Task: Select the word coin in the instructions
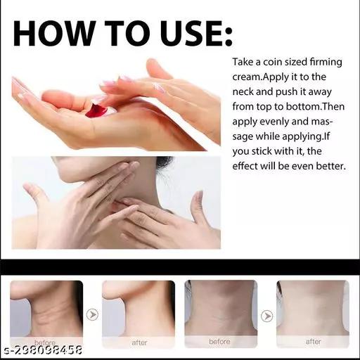tap(273, 62)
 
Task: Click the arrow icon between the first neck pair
tap(92, 314)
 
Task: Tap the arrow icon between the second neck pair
tap(267, 316)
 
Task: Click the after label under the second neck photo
tap(139, 342)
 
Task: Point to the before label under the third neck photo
tap(219, 342)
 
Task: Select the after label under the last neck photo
tap(313, 342)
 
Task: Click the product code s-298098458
tap(44, 350)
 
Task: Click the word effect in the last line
tap(245, 166)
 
